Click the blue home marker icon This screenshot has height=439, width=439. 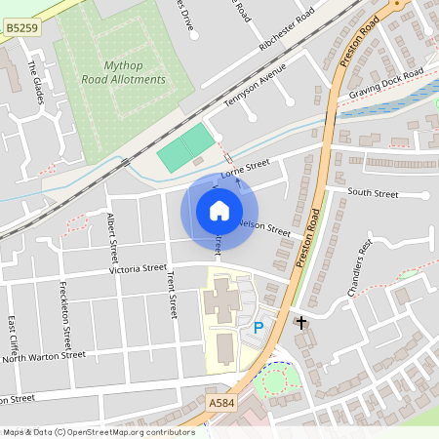point(219,211)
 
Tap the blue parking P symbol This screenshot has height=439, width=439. point(259,329)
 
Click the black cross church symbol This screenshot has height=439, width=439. point(301,321)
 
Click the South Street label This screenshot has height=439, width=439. point(373,193)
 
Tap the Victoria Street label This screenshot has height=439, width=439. point(139,267)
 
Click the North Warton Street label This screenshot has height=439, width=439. point(44,357)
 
